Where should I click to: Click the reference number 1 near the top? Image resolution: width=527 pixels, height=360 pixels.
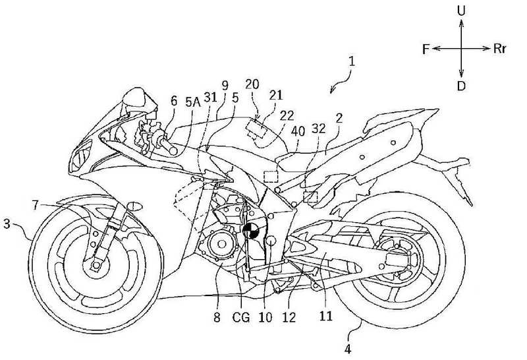(x=354, y=64)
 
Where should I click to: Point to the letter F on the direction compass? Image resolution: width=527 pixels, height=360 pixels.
(x=426, y=48)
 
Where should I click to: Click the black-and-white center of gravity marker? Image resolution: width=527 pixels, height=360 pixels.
(x=251, y=231)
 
